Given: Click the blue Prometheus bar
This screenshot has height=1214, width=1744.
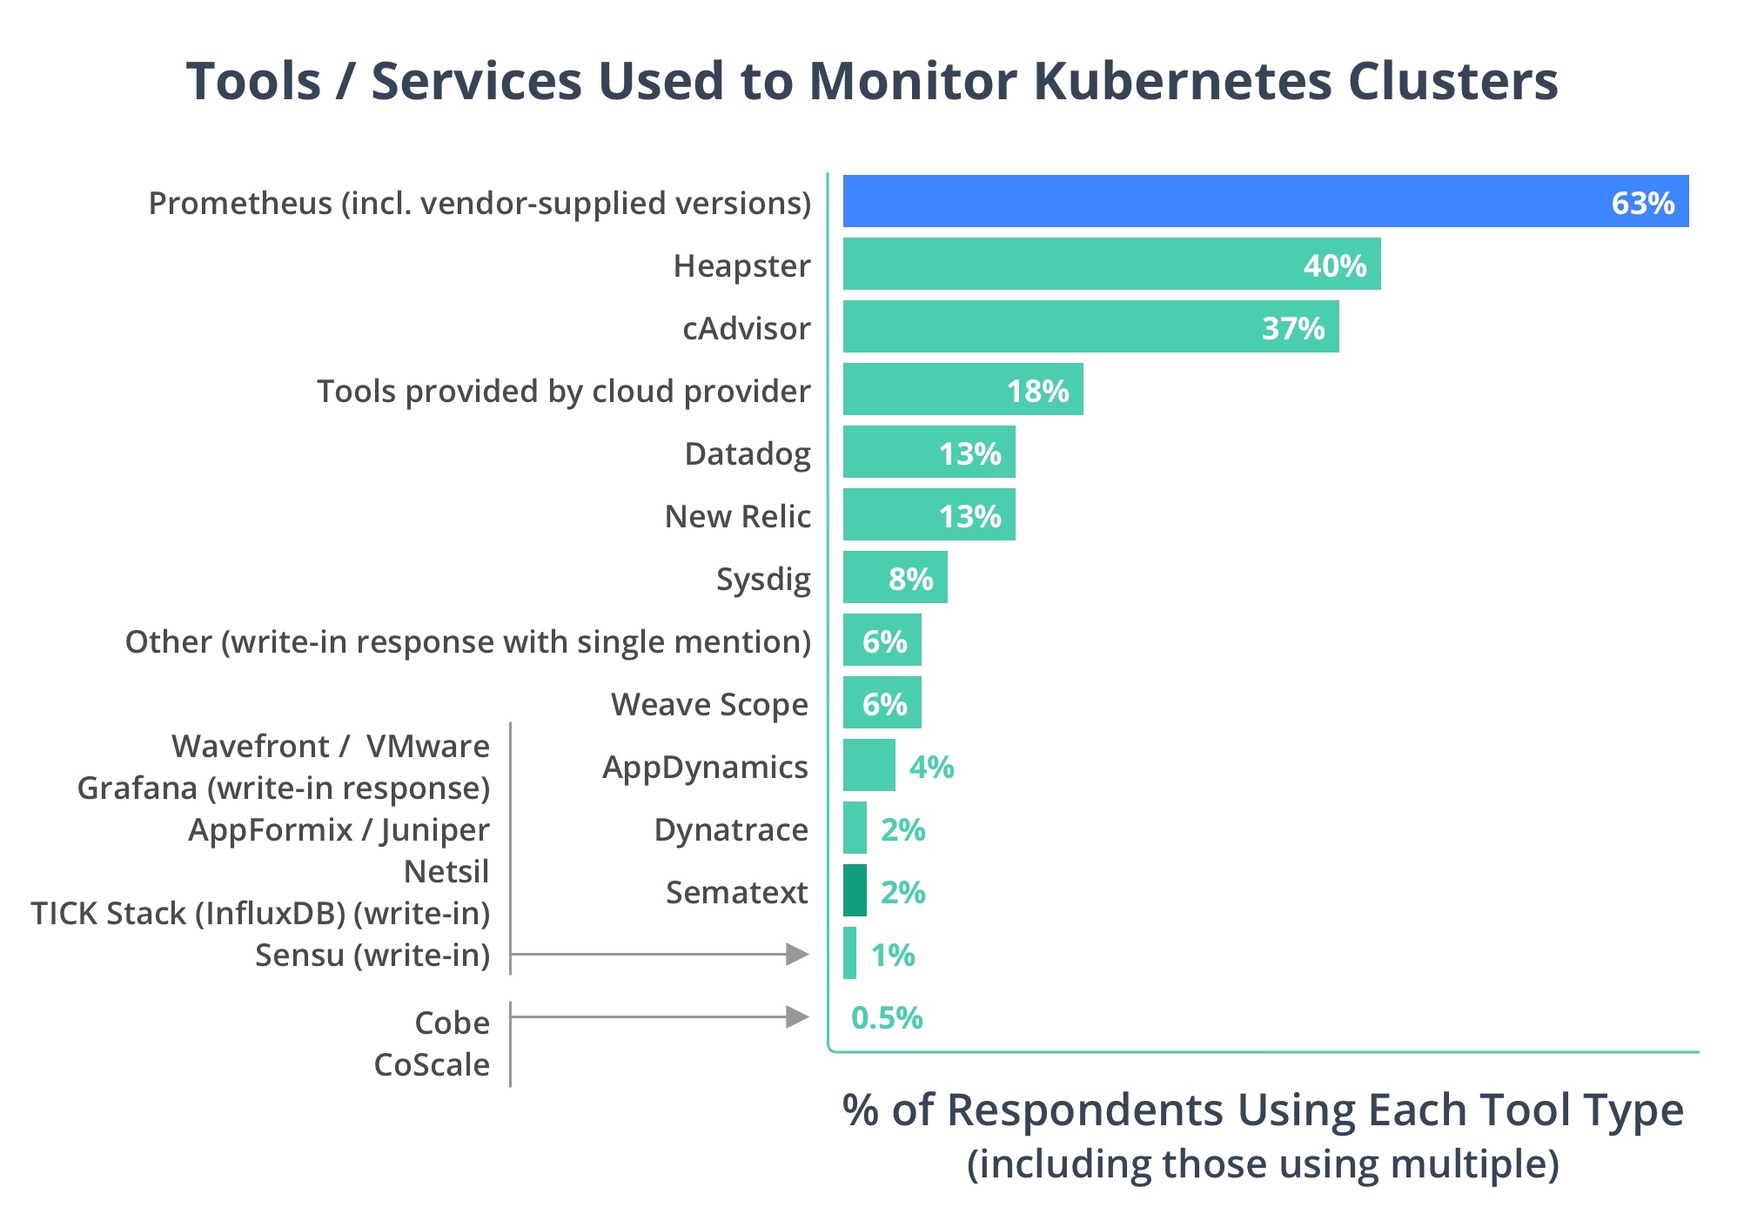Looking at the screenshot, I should point(1218,201).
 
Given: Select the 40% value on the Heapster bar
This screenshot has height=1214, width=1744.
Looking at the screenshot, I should point(1334,265).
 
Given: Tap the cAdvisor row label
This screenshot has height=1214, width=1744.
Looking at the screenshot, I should point(746,328).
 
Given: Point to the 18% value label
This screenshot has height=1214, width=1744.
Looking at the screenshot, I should point(1037,391).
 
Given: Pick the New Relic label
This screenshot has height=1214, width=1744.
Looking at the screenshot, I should point(737,516).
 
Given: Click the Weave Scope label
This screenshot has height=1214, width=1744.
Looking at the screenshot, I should point(709,704).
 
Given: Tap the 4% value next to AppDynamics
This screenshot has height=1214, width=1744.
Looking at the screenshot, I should point(931,767).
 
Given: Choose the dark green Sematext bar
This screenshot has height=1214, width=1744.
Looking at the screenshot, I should point(855,890).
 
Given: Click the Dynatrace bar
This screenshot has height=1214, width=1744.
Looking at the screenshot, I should point(855,828).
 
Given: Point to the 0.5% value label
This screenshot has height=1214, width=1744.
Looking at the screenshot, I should point(886,1017).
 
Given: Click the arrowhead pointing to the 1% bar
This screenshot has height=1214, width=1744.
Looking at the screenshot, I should point(797,955).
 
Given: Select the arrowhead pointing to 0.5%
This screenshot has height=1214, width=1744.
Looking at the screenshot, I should point(797,1016).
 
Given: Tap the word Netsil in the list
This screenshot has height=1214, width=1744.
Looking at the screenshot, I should point(446,871).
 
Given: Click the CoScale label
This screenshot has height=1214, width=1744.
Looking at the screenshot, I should point(432,1064).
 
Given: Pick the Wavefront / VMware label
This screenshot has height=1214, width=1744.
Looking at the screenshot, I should point(331,746).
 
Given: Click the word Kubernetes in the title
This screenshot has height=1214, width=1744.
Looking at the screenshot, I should point(1182,81).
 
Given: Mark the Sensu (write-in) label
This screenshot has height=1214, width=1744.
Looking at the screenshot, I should point(372,955).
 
